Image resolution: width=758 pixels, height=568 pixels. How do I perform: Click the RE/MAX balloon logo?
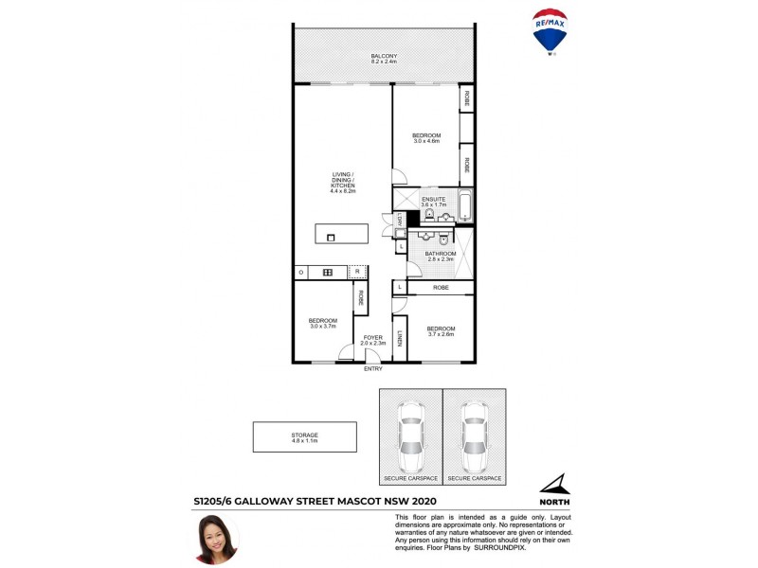point(550,34)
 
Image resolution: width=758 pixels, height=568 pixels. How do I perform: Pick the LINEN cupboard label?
point(400,338)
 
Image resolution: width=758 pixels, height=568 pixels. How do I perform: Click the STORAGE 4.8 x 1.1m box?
point(304,437)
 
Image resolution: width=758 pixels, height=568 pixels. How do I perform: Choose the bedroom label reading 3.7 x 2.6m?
point(441,331)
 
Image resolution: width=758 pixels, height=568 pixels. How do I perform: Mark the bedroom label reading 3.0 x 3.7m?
point(323,323)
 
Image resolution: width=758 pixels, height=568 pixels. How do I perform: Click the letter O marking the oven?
point(300,273)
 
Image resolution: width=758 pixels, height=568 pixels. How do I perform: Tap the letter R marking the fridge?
point(357,273)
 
